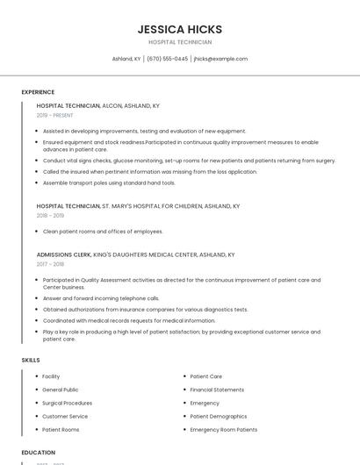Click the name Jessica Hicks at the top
pos(180,29)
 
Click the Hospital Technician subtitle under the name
pos(180,42)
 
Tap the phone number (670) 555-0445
pos(167,59)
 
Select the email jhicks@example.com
pos(220,59)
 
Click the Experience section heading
pos(38,92)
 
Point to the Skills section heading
pos(31,361)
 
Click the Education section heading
pos(38,453)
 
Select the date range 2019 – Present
pos(54,115)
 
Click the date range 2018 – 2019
pos(50,215)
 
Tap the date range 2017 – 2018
pos(50,263)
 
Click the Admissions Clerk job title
pos(64,254)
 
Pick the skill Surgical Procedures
pos(68,403)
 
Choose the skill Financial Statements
pos(217,390)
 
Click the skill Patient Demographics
pos(219,416)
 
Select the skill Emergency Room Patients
pos(223,430)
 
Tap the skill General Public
pos(61,390)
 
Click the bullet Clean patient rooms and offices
pos(103,232)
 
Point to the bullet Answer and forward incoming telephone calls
pos(101,298)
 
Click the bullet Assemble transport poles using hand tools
pos(109,182)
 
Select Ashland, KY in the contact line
pos(126,59)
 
